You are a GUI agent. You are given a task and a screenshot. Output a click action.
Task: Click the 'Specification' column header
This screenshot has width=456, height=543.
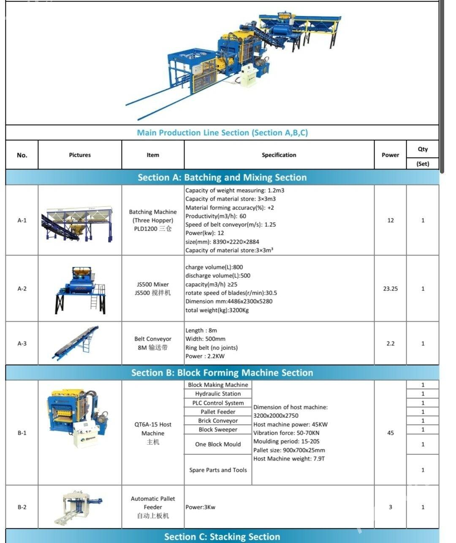[x=279, y=155]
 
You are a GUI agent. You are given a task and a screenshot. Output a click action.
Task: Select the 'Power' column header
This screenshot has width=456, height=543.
[x=390, y=155]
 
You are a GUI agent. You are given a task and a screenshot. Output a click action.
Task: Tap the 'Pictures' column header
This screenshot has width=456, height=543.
[x=80, y=155]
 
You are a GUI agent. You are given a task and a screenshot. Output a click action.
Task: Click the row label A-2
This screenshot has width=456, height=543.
[x=22, y=289]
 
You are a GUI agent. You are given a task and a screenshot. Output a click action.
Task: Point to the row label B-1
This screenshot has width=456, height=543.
[x=22, y=433]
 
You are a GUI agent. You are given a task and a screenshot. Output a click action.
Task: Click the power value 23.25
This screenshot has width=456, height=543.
[x=390, y=289]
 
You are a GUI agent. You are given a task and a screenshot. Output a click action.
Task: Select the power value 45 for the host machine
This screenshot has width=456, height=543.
[x=390, y=433]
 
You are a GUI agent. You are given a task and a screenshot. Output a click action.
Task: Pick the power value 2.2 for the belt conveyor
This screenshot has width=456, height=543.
[x=390, y=344]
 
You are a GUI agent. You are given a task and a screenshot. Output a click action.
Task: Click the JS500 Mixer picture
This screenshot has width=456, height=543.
[x=80, y=290]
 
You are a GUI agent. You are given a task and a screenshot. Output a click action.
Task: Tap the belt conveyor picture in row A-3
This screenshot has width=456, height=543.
[x=76, y=343]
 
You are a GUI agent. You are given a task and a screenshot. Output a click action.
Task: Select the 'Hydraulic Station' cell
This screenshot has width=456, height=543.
[x=218, y=394]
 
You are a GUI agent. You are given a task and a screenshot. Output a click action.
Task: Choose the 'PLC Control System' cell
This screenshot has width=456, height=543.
[x=218, y=403]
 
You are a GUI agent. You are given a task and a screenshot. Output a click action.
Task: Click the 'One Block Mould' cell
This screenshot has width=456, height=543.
[x=218, y=444]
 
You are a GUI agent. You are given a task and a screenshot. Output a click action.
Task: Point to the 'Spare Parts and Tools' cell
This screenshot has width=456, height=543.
[x=218, y=470]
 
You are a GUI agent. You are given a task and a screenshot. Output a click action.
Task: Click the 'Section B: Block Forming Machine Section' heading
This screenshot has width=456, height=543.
[x=222, y=373]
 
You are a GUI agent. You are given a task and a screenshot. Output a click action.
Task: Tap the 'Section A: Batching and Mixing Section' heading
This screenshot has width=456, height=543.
[x=222, y=177]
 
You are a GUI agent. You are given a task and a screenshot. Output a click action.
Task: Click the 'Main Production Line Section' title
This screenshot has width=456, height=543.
[x=222, y=133]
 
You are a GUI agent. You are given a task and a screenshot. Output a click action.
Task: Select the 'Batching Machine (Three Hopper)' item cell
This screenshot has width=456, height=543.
[x=153, y=220]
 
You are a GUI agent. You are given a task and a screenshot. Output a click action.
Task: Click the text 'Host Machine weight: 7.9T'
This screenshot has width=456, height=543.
[x=289, y=459]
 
